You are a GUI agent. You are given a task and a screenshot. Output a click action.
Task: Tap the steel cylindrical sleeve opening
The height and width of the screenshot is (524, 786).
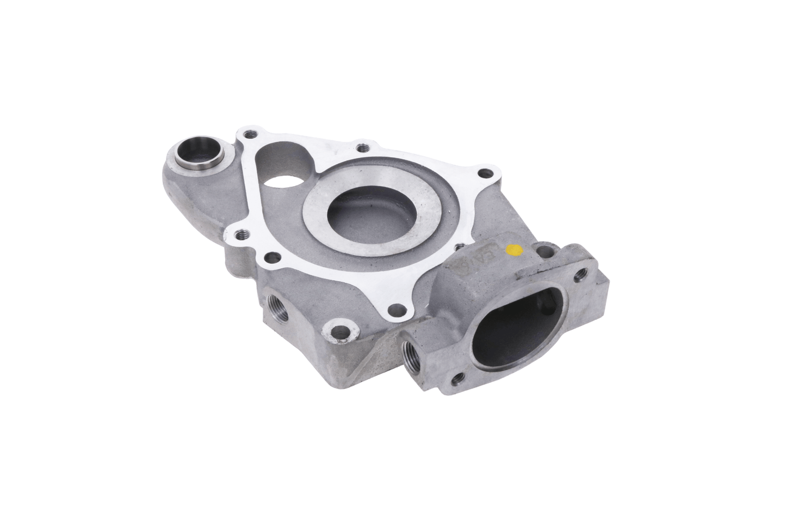195,153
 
